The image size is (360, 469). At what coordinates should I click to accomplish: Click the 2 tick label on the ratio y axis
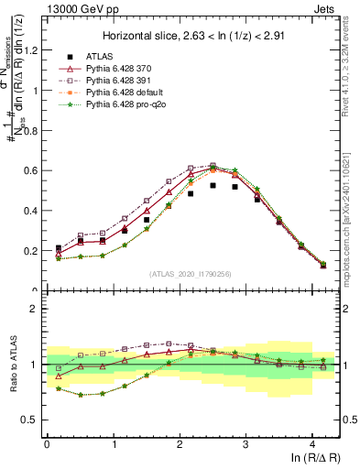click(38, 310)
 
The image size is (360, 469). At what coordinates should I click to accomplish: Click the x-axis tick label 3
click(245, 444)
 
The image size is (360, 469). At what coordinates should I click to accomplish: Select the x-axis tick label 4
click(312, 444)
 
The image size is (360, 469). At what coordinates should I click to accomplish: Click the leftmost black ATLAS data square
click(58, 248)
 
